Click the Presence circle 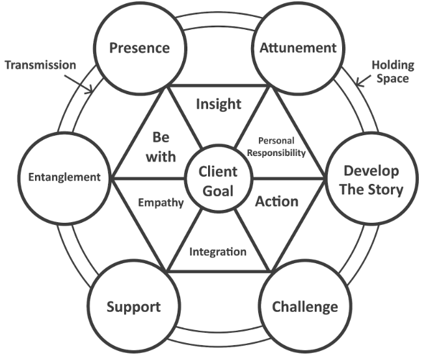(x=140, y=47)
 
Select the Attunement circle (x=288, y=47)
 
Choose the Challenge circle (x=296, y=306)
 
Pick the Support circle (x=133, y=306)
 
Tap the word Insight (x=219, y=103)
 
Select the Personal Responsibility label (x=282, y=148)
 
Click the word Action (x=276, y=201)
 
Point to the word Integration (x=218, y=251)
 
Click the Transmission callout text (x=40, y=66)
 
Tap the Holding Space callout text (x=390, y=71)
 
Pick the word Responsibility (x=282, y=153)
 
